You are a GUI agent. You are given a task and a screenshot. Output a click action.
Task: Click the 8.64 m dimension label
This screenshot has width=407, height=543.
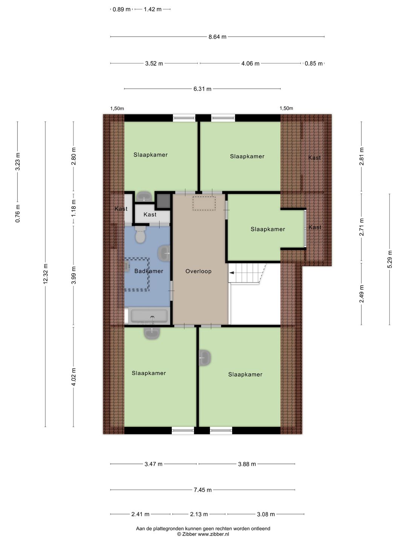click(217, 37)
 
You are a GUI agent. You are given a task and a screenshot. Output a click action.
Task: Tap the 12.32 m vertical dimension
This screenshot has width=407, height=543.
click(46, 274)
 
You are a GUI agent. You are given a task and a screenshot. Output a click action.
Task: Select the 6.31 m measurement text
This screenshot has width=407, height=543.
click(202, 89)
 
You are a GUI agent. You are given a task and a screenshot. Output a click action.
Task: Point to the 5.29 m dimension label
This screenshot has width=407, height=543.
click(390, 259)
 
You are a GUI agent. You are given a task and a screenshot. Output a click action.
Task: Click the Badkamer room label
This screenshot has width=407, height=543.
click(149, 271)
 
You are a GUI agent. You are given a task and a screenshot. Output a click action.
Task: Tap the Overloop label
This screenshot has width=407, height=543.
click(199, 271)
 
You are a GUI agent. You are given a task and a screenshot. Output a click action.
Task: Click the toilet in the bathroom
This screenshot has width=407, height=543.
click(140, 234)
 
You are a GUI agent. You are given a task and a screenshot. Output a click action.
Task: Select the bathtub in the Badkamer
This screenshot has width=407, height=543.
click(149, 316)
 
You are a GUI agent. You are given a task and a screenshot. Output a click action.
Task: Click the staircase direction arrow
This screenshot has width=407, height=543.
click(232, 273)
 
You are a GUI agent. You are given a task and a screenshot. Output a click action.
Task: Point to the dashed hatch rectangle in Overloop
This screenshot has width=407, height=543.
click(204, 203)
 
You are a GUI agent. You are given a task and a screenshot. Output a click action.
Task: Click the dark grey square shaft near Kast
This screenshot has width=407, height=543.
click(163, 201)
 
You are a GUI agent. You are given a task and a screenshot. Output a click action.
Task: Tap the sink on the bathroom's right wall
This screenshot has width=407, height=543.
click(164, 253)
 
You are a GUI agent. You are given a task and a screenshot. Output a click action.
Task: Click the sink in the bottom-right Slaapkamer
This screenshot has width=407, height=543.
click(205, 358)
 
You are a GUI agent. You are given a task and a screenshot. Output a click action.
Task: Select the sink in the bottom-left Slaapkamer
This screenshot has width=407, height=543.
click(152, 333)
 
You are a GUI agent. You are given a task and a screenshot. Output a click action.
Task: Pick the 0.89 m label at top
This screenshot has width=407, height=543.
click(121, 9)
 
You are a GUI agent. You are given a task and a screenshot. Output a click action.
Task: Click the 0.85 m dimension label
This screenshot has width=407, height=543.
click(314, 64)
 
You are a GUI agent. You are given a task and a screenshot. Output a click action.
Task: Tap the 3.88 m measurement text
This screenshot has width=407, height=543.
click(247, 464)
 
